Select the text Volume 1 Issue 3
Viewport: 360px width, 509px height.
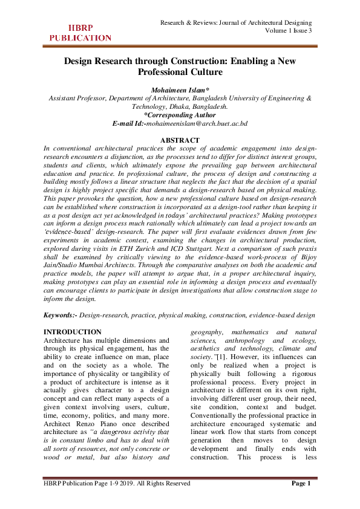[289, 31]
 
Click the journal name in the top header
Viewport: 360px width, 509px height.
[240, 22]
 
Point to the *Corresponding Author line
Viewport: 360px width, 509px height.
[180, 114]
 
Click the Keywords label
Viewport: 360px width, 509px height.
[61, 316]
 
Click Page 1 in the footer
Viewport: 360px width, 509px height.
[301, 501]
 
